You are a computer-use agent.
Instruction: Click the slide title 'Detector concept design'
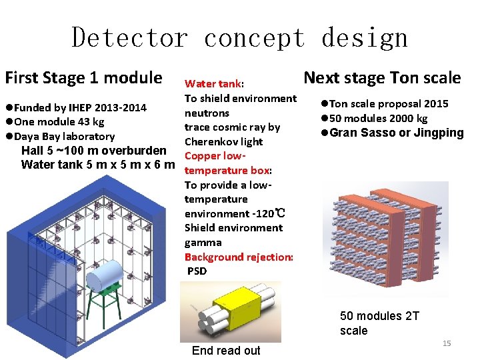click(239, 37)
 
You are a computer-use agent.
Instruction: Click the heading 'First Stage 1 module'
click(83, 78)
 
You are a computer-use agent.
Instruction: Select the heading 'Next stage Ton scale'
click(382, 78)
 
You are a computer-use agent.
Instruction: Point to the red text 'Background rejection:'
click(239, 257)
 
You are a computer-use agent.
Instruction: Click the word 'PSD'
click(197, 271)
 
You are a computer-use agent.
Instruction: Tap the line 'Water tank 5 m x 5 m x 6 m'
click(98, 164)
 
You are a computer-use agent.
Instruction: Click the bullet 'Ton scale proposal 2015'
click(387, 103)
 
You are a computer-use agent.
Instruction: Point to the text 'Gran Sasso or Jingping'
click(395, 133)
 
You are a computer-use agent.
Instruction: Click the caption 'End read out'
click(226, 351)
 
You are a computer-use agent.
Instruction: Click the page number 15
click(447, 343)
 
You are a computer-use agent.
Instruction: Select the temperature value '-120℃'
click(271, 214)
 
